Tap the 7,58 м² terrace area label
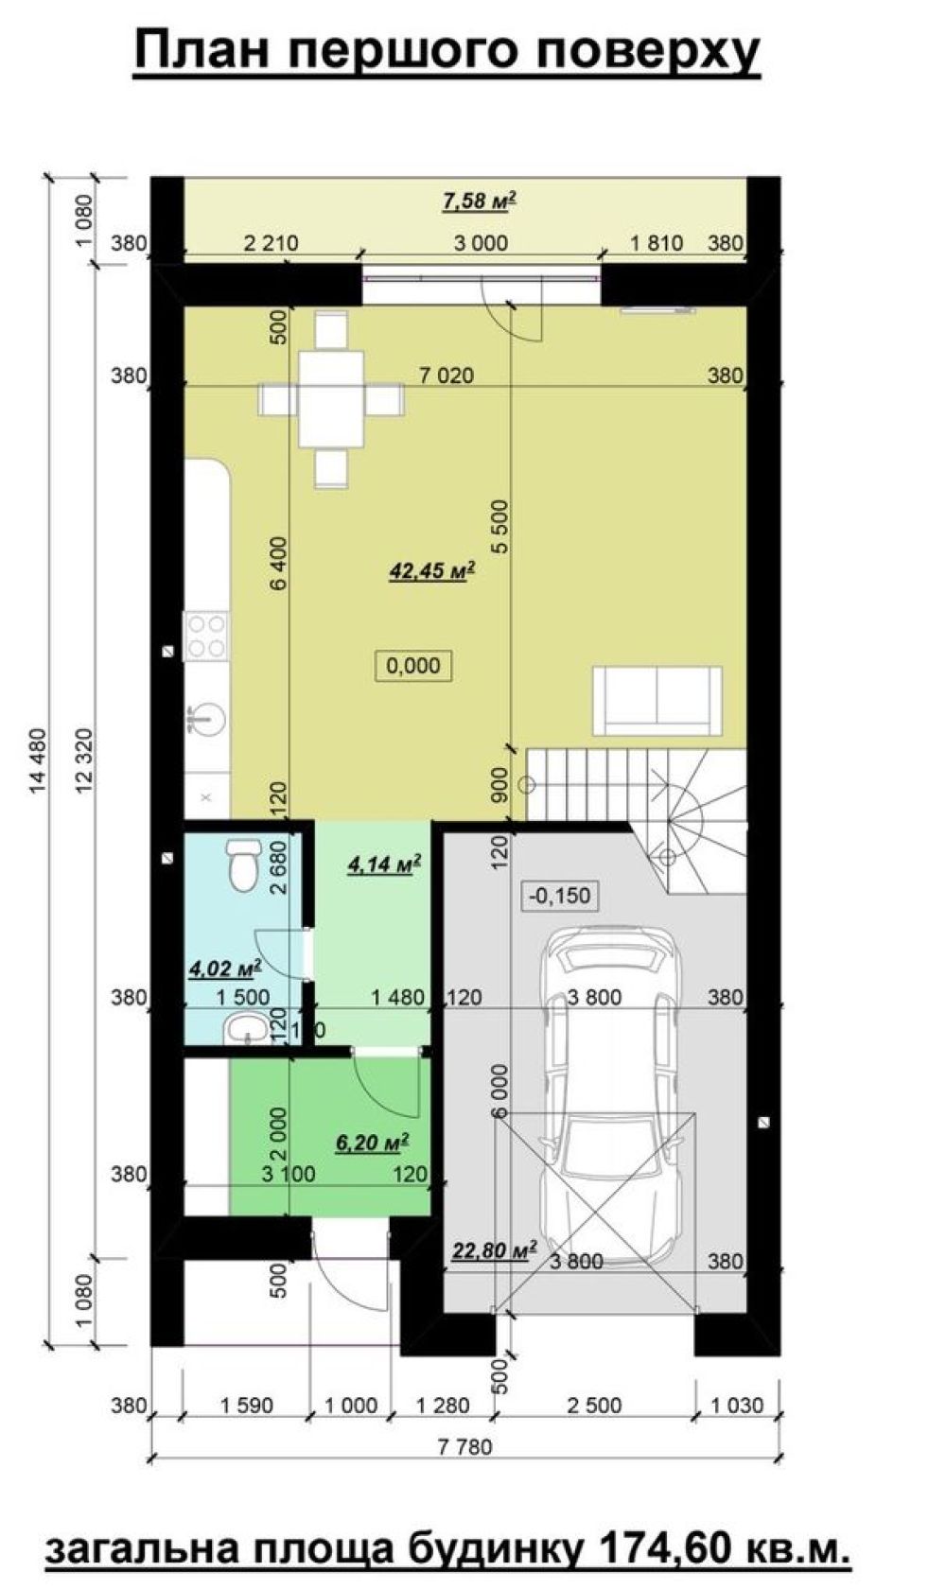pos(479,201)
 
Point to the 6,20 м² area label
pos(373,1143)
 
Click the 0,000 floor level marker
pos(413,666)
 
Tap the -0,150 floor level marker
pos(560,895)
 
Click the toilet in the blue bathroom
pos(243,865)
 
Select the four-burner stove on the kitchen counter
pos(206,637)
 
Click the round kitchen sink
pos(206,719)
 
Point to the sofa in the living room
pos(657,701)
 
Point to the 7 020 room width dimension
pos(446,375)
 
